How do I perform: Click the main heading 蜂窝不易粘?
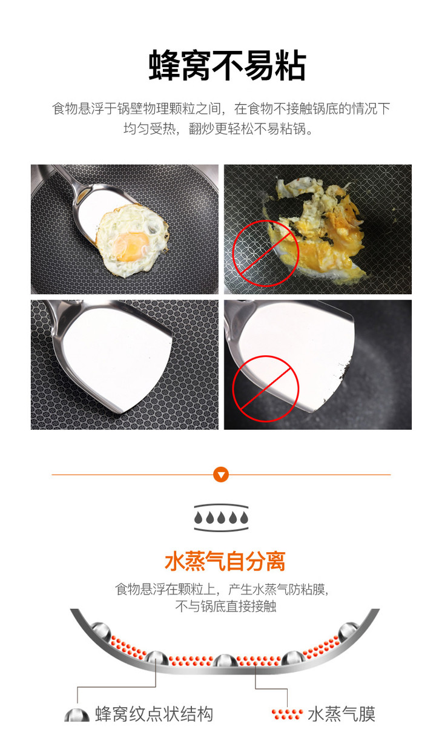pyautogui.click(x=227, y=65)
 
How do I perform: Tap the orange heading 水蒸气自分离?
pyautogui.click(x=225, y=561)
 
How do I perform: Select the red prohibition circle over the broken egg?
pyautogui.click(x=266, y=252)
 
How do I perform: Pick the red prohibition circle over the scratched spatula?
pyautogui.click(x=266, y=389)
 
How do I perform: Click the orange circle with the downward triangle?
pyautogui.click(x=221, y=475)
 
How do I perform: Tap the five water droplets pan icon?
pyautogui.click(x=221, y=517)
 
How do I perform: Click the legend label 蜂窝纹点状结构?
pyautogui.click(x=154, y=714)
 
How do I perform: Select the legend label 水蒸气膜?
pyautogui.click(x=341, y=714)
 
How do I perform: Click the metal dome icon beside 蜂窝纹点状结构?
pyautogui.click(x=77, y=715)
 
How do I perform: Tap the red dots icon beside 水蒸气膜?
pyautogui.click(x=287, y=714)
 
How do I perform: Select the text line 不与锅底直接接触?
pyautogui.click(x=226, y=606)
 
